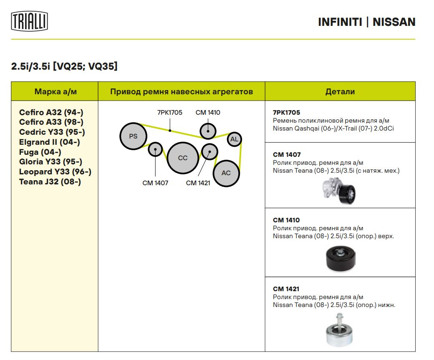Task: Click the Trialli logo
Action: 29,21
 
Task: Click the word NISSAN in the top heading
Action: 394,22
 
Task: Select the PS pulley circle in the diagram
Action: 133,136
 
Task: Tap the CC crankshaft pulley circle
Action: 183,158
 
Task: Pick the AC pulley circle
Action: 226,173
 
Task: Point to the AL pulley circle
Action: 234,139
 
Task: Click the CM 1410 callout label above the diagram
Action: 208,113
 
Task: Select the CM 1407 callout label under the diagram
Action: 155,183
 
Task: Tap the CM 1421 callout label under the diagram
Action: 198,183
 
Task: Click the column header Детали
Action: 340,91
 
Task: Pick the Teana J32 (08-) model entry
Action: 50,182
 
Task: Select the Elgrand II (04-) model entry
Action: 50,142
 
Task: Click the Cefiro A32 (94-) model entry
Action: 51,112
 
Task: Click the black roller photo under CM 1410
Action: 341,259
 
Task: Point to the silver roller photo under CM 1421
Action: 340,331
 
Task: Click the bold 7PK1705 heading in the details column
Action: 286,113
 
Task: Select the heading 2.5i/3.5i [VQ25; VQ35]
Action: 64,66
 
